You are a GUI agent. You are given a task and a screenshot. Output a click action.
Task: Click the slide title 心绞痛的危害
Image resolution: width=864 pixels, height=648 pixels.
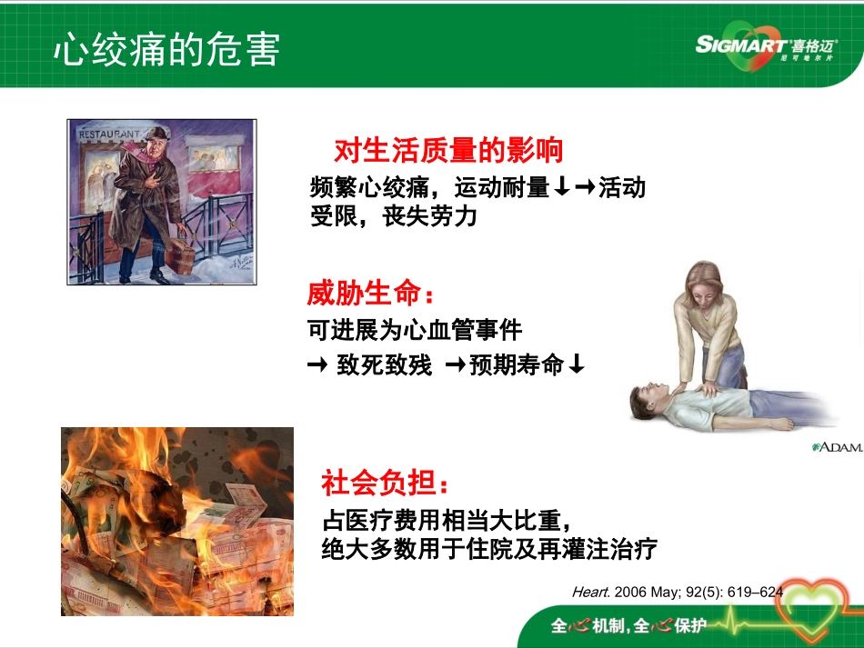[x=166, y=50]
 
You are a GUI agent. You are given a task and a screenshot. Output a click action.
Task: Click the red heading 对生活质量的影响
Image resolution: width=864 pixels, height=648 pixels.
[x=448, y=150]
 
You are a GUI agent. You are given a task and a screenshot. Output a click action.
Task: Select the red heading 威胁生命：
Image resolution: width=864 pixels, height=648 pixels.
[x=371, y=294]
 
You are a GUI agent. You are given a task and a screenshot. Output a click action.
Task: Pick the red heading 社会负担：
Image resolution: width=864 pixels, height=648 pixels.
[x=386, y=482]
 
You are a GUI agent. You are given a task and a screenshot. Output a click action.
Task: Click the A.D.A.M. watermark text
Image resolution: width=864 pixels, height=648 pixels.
[x=838, y=447]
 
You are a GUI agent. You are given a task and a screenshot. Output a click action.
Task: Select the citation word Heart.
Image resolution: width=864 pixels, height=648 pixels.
[x=591, y=592]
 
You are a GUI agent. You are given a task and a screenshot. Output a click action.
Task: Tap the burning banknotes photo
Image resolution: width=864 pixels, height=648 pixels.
[x=176, y=521]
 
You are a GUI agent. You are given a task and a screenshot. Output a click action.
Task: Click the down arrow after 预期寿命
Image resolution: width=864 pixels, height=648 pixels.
[x=576, y=365]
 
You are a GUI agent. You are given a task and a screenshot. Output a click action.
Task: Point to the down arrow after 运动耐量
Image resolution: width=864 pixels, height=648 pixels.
[x=562, y=187]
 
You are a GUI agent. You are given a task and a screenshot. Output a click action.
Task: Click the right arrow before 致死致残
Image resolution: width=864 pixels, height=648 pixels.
[x=317, y=365]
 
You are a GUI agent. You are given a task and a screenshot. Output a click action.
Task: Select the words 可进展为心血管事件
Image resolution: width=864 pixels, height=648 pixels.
[x=415, y=329]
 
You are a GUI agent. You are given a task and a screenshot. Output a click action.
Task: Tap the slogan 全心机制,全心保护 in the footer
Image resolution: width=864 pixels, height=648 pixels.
[x=628, y=626]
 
